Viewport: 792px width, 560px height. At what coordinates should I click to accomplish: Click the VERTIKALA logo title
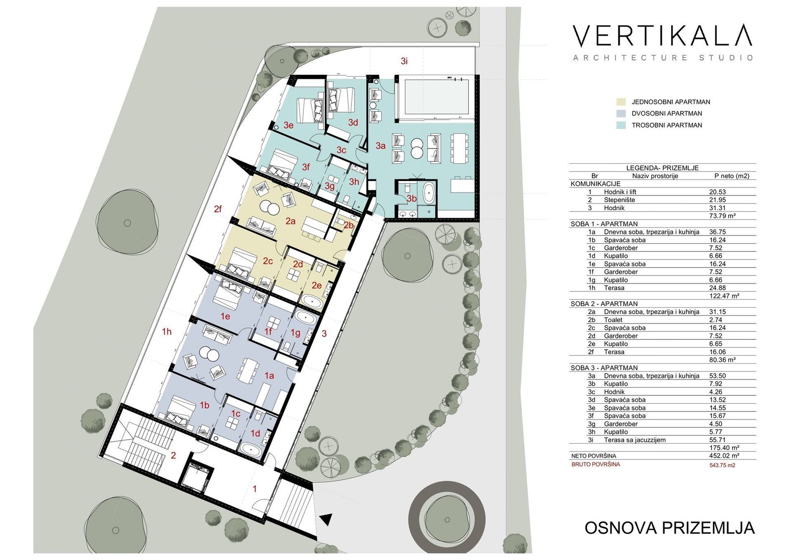pos(662,36)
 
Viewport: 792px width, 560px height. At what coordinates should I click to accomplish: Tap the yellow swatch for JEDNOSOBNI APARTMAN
pos(621,102)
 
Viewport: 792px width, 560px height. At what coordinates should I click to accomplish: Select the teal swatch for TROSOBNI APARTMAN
pos(621,125)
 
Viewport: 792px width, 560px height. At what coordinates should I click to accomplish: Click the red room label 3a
pos(381,145)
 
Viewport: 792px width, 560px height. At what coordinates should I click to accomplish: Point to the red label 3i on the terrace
pos(404,61)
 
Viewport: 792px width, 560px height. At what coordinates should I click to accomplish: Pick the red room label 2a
pos(290,221)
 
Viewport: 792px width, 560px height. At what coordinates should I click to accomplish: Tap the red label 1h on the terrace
pos(166,331)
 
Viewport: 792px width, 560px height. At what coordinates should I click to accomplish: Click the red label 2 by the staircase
pos(173,456)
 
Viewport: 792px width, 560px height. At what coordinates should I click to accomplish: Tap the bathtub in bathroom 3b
pos(428,193)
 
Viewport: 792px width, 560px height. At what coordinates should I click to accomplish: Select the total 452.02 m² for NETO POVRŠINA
pos(724,456)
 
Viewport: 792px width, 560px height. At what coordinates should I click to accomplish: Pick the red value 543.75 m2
pos(722,466)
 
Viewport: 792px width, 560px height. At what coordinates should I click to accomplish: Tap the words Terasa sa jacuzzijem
pos(635,440)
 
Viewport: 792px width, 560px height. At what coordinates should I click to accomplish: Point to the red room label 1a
pos(269,376)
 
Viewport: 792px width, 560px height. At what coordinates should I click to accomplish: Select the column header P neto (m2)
pos(732,176)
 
